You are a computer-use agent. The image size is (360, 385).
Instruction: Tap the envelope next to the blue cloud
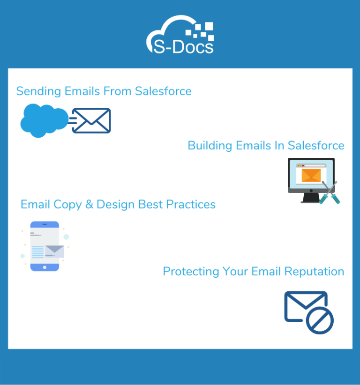92,121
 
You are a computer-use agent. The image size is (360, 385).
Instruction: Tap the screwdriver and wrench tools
328,192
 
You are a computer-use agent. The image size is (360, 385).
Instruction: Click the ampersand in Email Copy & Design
89,205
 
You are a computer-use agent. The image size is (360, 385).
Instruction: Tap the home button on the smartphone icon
45,267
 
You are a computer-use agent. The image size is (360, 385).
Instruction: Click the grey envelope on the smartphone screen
54,251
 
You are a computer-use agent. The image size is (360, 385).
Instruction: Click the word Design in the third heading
115,205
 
